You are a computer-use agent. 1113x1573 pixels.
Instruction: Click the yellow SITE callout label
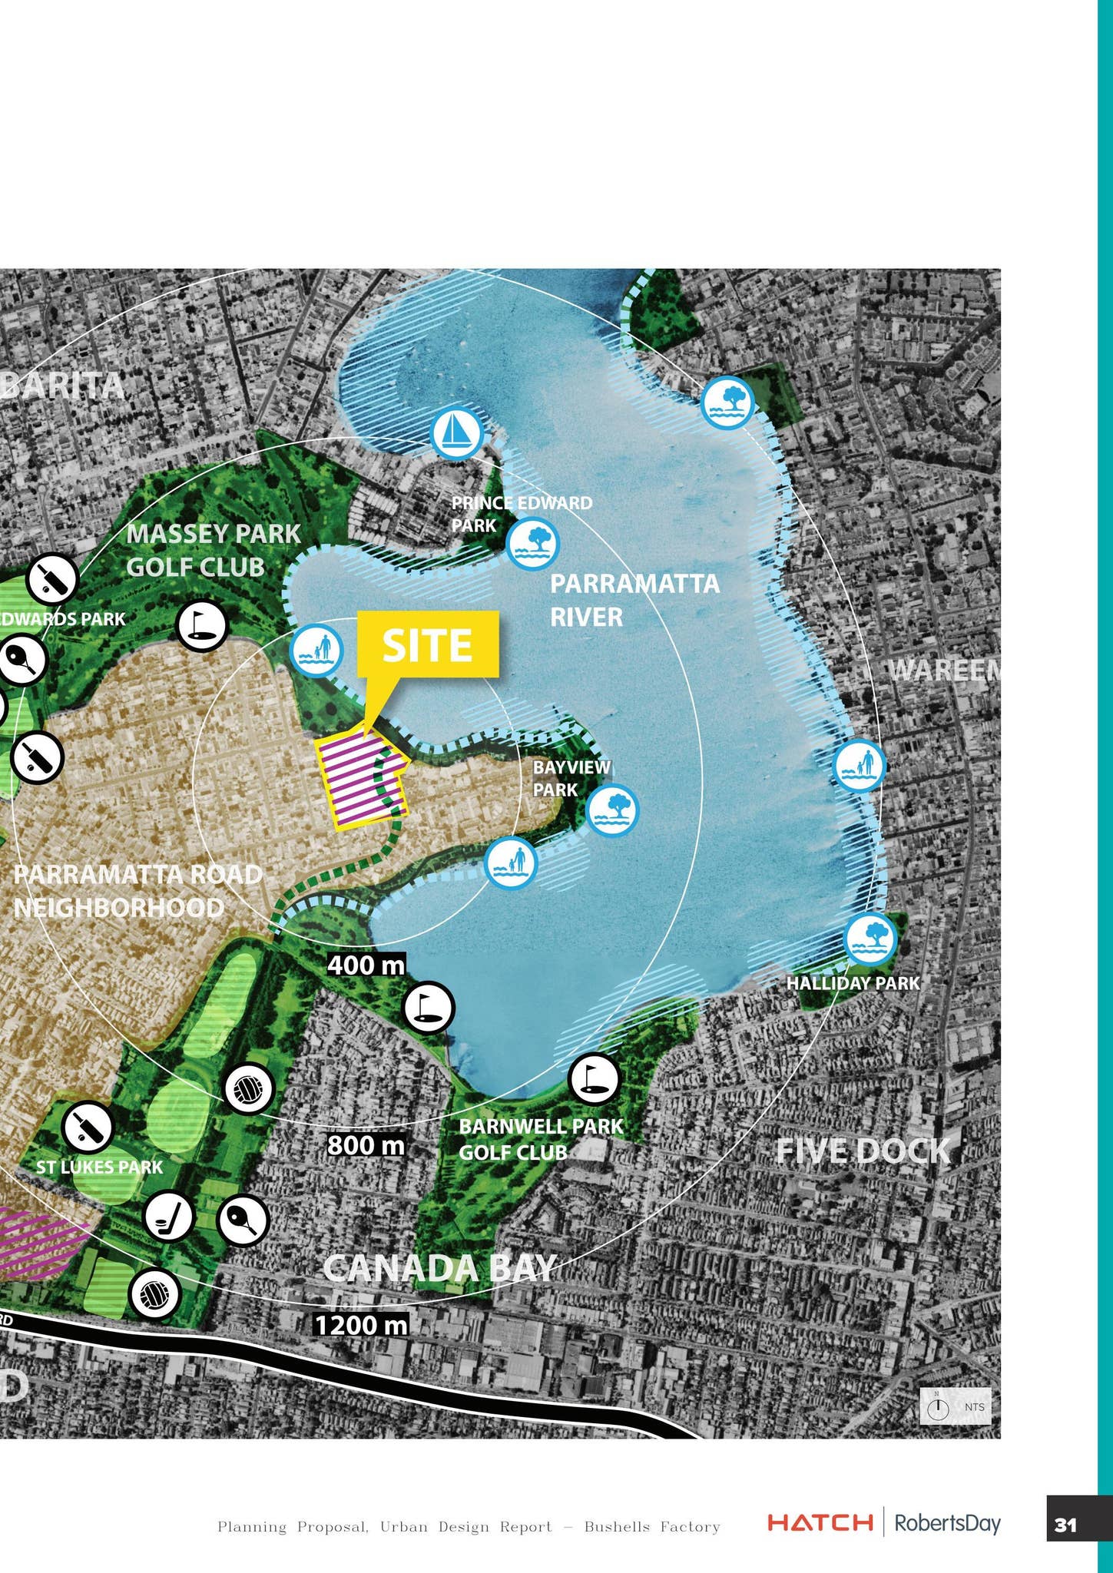click(428, 645)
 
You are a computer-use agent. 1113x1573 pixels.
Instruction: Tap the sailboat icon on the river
click(456, 433)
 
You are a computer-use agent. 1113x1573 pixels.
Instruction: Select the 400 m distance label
click(366, 965)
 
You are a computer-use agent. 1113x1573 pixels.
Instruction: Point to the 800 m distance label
click(366, 1145)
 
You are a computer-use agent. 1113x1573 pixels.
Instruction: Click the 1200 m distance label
click(361, 1324)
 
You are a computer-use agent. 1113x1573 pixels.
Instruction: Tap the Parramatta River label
click(634, 599)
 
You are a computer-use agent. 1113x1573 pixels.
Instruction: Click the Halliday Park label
click(853, 983)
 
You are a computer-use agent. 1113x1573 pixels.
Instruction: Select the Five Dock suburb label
click(863, 1151)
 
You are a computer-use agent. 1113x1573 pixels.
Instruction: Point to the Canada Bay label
click(439, 1268)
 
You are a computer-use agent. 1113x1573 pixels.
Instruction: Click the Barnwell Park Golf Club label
click(541, 1139)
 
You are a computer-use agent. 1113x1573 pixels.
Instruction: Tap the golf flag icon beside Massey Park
click(201, 625)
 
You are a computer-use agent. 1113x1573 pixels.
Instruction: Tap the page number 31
click(1065, 1525)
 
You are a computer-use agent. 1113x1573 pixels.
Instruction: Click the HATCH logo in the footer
click(820, 1522)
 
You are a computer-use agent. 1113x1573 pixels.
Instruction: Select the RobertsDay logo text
click(947, 1522)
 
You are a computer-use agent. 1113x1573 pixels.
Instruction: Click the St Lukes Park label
click(99, 1167)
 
